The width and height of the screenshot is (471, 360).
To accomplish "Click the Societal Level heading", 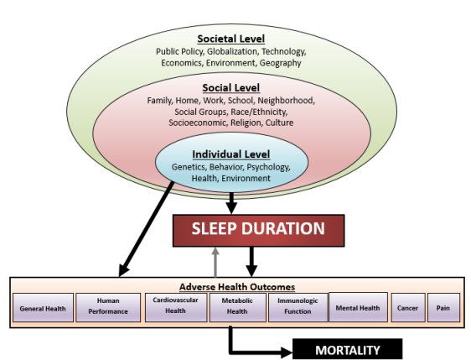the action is [231, 39].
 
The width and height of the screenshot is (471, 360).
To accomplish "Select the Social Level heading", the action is [231, 88].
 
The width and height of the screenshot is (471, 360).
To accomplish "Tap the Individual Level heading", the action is [231, 154].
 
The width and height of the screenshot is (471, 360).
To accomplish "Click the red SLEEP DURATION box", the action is [258, 231].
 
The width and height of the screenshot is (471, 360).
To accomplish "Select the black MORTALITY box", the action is [348, 349].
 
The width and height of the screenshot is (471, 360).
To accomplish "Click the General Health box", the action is [43, 308].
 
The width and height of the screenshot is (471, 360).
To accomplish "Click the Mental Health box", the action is [358, 307].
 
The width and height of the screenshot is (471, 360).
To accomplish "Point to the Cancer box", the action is [408, 308].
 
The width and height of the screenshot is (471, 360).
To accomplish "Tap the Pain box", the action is [443, 308].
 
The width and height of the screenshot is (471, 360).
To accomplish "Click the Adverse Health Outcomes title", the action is [237, 287].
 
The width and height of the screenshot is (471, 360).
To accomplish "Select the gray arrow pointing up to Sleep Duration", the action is [215, 262].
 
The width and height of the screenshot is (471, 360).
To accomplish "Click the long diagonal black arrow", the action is [146, 229].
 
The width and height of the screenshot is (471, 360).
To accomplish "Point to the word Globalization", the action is [232, 52].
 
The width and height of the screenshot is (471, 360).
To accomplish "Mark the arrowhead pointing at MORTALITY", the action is [287, 352].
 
